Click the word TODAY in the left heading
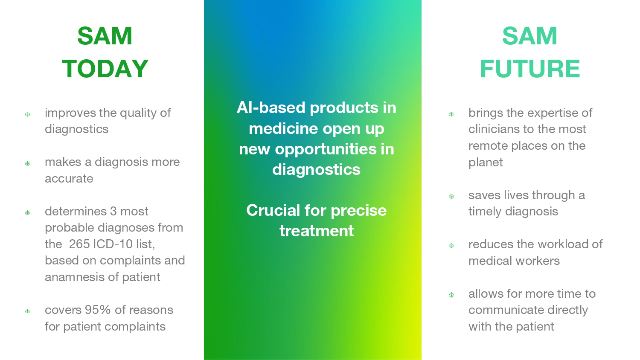point(105,69)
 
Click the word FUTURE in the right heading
point(530,69)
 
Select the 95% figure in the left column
point(98,310)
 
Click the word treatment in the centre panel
point(317,231)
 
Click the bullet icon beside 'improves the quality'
point(28,114)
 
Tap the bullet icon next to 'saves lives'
point(451,196)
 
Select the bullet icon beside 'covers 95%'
point(28,311)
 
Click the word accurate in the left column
point(69,179)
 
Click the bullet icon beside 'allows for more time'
point(451,295)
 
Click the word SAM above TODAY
point(105,36)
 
